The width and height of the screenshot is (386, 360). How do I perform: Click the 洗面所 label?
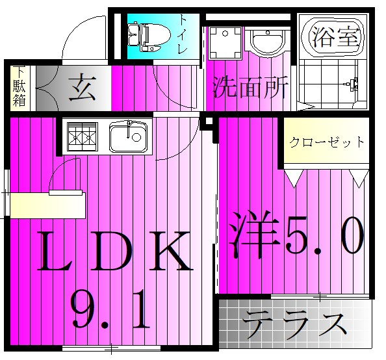tap(250, 88)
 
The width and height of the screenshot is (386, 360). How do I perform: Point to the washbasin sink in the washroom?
tap(266, 44)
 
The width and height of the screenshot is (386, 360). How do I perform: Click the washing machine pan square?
tap(224, 43)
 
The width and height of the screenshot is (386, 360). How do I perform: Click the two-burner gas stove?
tap(82, 137)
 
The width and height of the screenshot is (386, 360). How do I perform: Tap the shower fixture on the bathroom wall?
tap(354, 84)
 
